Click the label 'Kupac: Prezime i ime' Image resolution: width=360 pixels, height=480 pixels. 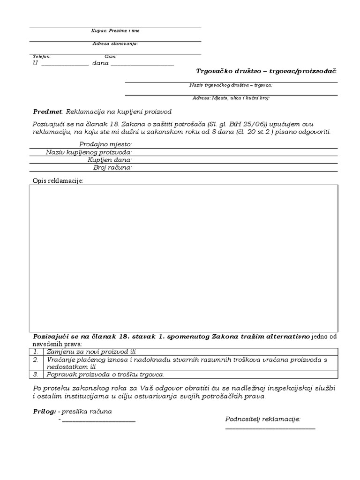115,31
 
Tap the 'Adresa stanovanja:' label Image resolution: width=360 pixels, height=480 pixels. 115,44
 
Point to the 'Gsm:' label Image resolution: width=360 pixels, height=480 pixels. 111,56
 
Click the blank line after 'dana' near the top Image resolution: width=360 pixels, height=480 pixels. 142,65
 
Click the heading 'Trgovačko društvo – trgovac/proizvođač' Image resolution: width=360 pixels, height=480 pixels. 266,71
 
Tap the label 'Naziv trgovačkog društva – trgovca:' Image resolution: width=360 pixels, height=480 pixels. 231,85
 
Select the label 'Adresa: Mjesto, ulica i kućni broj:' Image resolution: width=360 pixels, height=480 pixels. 231,98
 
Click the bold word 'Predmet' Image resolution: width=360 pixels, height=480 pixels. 47,112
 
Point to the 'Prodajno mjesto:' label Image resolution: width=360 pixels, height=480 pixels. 105,144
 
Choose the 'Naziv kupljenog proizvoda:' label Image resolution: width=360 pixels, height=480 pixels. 89,152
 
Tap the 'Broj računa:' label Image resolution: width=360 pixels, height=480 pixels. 112,167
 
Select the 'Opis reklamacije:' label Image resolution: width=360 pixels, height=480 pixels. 58,180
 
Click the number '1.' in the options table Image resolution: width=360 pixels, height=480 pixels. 36,352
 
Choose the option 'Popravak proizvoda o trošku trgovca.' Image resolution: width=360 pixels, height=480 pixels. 106,375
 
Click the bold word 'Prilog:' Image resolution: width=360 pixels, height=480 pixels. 44,412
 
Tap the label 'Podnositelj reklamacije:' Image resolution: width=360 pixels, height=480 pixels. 263,419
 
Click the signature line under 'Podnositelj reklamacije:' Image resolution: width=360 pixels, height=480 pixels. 270,428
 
